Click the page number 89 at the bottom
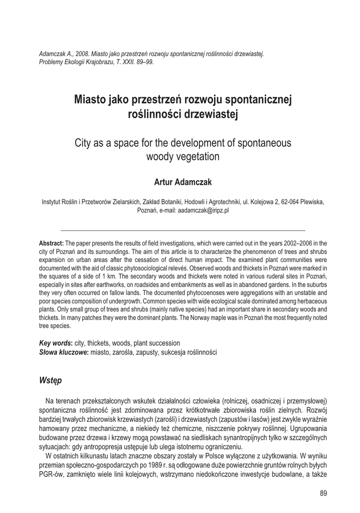pyautogui.click(x=323, y=493)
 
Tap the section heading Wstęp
pyautogui.click(x=50, y=380)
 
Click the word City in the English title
pyautogui.click(x=84, y=143)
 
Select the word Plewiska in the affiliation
pyautogui.click(x=310, y=202)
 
